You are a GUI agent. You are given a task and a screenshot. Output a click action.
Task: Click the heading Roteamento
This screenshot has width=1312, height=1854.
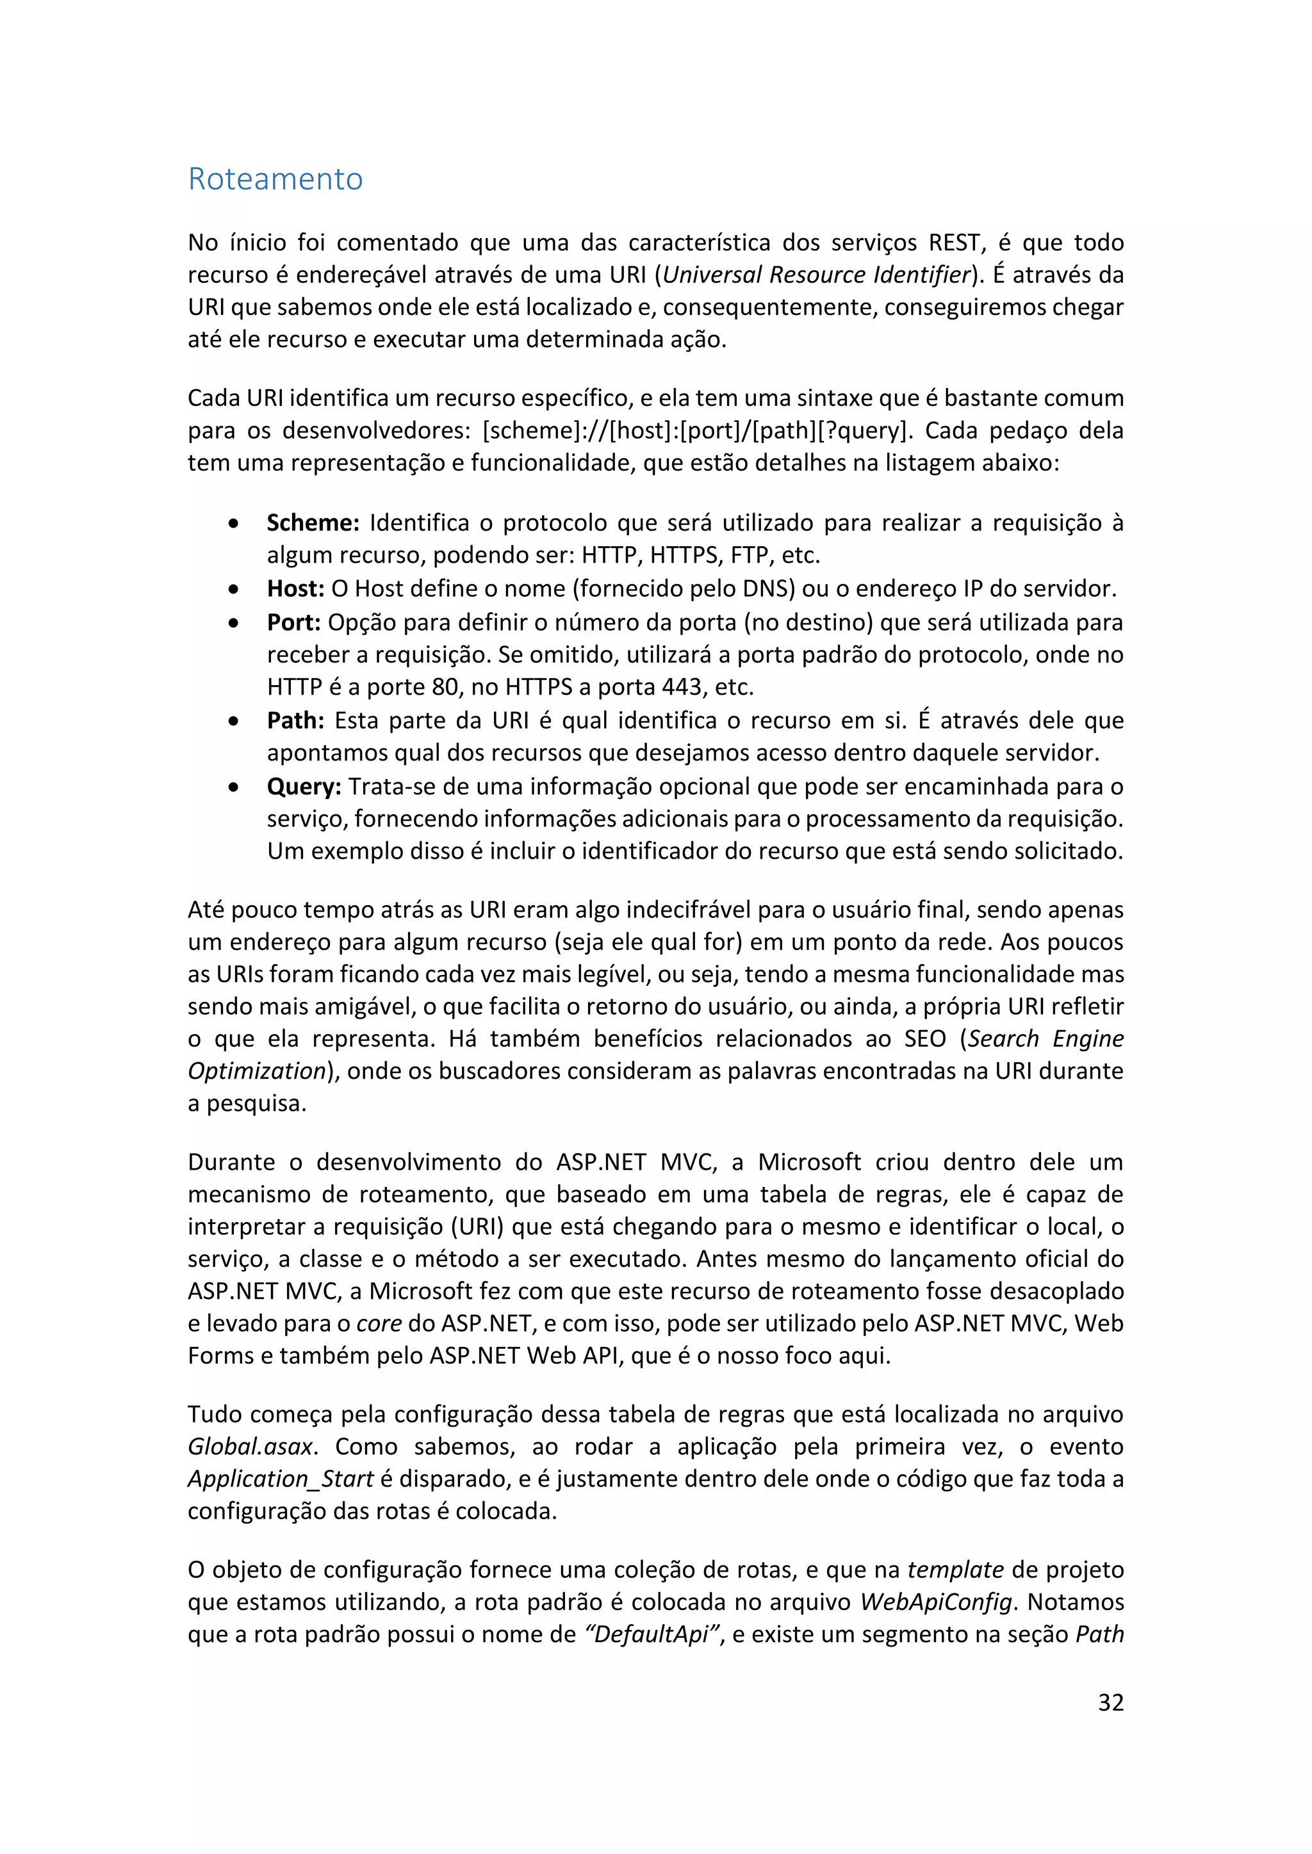click(275, 179)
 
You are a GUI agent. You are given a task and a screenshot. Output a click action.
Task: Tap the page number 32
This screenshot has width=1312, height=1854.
click(1111, 1702)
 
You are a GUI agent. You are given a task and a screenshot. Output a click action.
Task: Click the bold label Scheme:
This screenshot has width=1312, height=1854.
click(313, 523)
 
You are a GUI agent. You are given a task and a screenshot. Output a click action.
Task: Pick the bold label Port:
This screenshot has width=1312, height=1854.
click(294, 622)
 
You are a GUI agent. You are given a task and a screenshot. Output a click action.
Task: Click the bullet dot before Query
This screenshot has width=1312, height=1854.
click(233, 787)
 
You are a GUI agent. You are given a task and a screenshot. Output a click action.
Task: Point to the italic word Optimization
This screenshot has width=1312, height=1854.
click(256, 1072)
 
